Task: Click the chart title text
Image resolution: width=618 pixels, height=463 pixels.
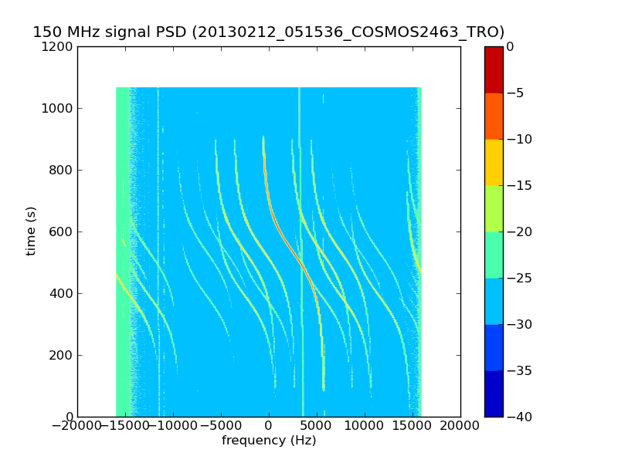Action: (268, 32)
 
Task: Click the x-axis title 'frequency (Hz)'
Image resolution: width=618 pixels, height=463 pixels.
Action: (269, 441)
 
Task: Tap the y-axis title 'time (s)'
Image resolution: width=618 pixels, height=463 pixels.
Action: (31, 231)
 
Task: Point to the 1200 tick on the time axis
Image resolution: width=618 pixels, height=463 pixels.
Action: (59, 46)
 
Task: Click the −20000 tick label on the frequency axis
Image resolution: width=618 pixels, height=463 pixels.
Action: (77, 427)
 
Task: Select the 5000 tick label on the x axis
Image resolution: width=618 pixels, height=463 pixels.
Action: (365, 427)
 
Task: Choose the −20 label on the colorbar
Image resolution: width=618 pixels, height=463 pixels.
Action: (518, 231)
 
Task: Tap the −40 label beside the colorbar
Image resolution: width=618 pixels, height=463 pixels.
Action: (518, 417)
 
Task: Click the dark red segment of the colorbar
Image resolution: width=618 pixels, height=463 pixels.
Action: (494, 69)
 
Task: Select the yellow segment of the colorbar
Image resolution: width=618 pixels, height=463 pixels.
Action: (494, 162)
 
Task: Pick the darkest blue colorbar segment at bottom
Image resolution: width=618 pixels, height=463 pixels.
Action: (494, 394)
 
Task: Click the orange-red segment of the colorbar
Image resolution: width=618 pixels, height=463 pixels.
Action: (494, 116)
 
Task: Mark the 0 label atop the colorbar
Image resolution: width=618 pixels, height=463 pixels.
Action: (511, 46)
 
